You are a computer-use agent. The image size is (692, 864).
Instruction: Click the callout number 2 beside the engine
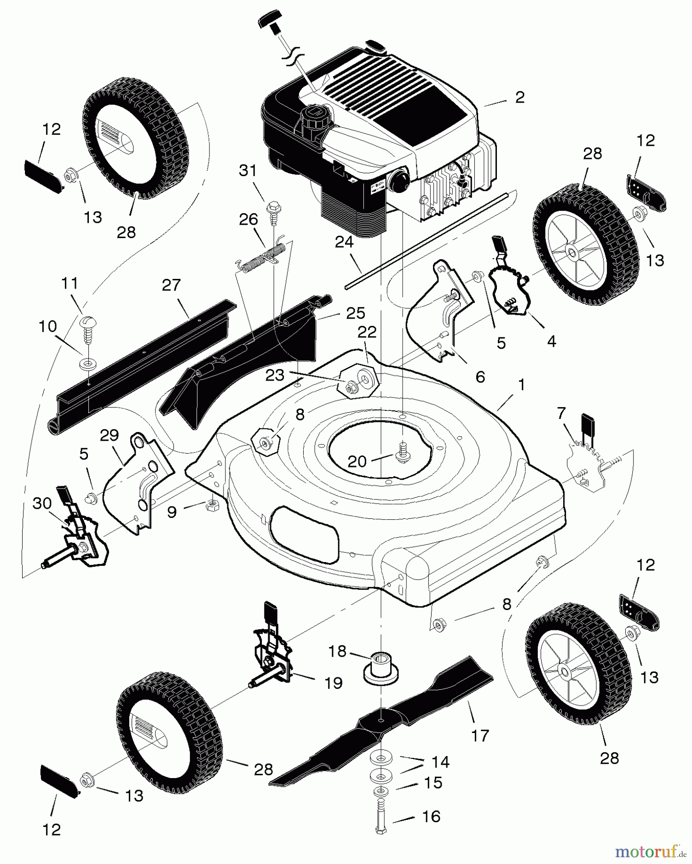(519, 97)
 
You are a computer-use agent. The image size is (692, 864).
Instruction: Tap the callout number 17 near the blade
(480, 735)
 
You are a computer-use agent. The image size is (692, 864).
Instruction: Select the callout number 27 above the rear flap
(171, 285)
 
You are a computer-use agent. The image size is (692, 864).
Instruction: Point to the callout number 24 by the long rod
(344, 242)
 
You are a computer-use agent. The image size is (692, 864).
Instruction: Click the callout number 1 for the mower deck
(521, 385)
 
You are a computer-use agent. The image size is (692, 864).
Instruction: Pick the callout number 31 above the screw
(248, 171)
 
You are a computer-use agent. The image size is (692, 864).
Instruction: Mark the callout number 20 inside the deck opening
(357, 461)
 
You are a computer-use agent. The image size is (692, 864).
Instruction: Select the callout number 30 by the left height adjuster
(42, 504)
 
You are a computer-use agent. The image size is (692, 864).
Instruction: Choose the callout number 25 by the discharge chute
(356, 313)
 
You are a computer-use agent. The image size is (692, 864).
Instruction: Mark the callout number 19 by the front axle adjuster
(333, 683)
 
